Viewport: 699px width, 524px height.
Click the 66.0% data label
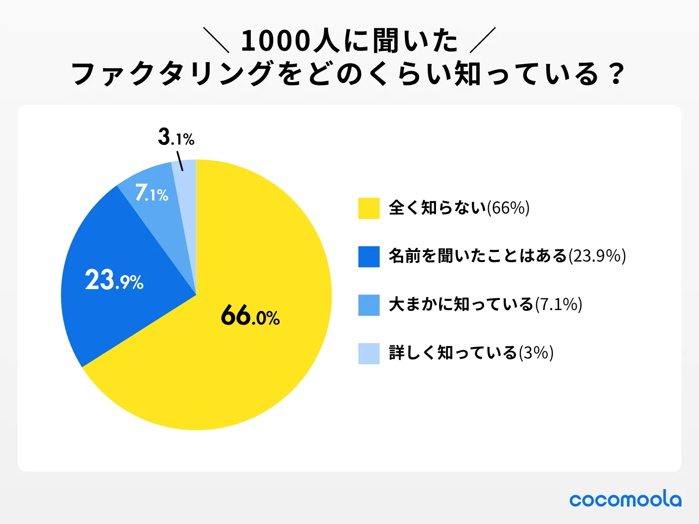tap(250, 315)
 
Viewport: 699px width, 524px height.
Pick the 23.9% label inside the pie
tap(114, 280)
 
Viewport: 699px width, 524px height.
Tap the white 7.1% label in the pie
tap(152, 193)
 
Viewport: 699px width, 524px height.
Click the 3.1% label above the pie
tap(176, 137)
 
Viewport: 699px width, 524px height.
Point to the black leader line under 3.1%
tap(180, 161)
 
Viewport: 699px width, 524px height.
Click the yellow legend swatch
tap(369, 208)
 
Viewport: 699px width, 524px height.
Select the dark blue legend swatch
tap(369, 257)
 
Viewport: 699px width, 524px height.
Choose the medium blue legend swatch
tap(369, 305)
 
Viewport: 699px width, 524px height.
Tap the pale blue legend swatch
tap(369, 354)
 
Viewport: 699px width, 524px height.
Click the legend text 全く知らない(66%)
tap(459, 208)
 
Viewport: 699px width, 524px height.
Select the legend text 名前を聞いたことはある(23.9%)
tap(507, 256)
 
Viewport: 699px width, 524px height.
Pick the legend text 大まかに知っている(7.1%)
tap(485, 305)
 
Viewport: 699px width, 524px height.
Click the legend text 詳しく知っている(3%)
tap(471, 353)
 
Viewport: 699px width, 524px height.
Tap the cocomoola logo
tap(625, 499)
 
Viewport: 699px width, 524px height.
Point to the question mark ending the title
tap(616, 74)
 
